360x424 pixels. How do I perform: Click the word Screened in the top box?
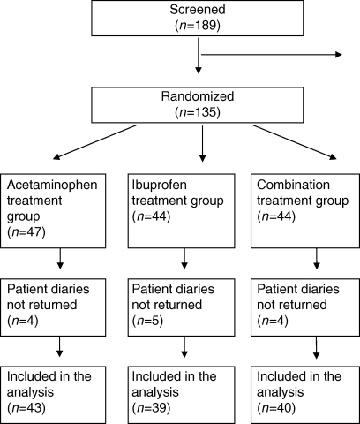tap(198, 10)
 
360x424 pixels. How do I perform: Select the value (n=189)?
tap(198, 26)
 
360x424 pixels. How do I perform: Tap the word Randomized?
tap(198, 96)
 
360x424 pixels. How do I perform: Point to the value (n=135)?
tap(198, 112)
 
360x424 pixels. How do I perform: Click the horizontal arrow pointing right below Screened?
tap(271, 55)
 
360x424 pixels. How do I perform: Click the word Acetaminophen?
tap(52, 185)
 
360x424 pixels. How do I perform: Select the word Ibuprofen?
tap(159, 185)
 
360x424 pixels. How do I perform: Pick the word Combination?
tap(293, 185)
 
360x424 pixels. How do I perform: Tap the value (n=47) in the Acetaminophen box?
tap(26, 232)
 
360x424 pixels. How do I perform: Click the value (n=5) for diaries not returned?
tap(147, 321)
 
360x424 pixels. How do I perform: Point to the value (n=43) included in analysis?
tap(26, 408)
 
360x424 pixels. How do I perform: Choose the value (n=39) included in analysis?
tap(151, 408)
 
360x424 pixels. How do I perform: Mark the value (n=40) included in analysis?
tap(276, 408)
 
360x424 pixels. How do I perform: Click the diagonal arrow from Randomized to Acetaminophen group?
tap(95, 142)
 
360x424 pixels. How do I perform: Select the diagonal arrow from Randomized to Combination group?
tap(295, 142)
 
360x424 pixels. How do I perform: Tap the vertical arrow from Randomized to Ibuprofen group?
tap(202, 144)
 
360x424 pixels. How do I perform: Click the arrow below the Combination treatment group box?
tap(317, 259)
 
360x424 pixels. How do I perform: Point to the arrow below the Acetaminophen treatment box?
tap(60, 259)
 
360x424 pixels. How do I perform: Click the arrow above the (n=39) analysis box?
tap(184, 347)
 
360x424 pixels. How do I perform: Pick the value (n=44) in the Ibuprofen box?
tap(151, 216)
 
